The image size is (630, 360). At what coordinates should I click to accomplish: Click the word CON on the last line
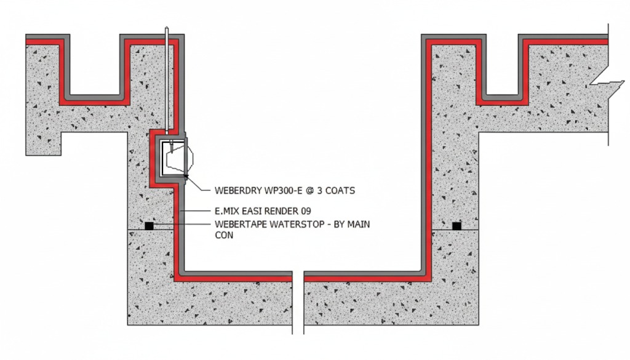(x=224, y=236)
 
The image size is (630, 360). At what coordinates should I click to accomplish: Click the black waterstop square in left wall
(x=149, y=226)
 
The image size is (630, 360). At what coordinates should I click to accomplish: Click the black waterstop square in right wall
(x=457, y=226)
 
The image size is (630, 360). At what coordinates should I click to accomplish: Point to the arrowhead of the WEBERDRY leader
(x=186, y=178)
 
